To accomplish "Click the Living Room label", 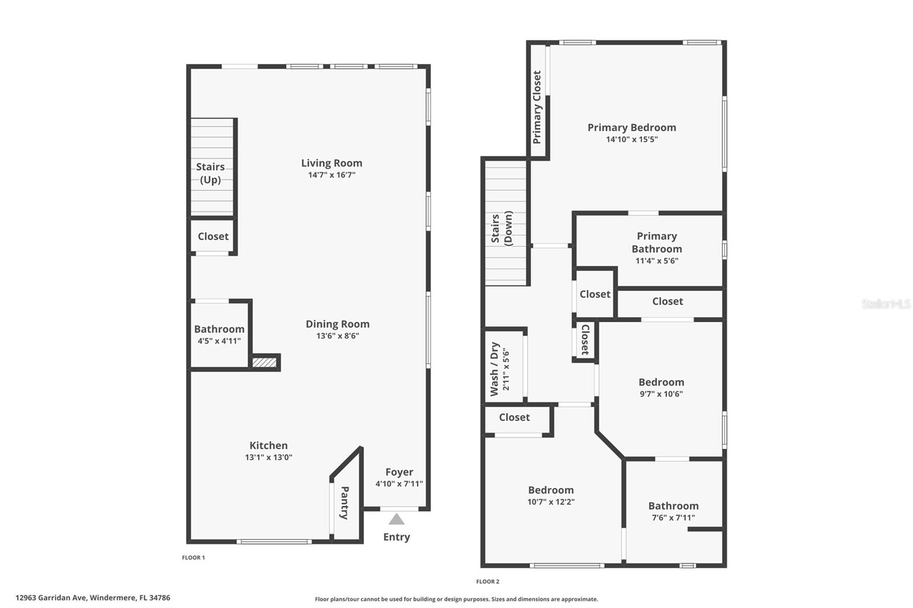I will click(332, 163).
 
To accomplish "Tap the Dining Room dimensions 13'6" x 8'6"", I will click(337, 336).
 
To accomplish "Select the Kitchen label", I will click(268, 445).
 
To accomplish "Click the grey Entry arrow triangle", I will click(397, 520).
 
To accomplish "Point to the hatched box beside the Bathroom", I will click(265, 362).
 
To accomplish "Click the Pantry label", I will click(345, 502).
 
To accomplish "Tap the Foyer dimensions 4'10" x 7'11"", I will click(399, 484).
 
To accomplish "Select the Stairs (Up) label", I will click(210, 173).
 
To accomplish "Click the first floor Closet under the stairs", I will click(213, 236).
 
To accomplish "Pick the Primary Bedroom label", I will click(632, 128).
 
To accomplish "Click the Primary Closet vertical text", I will click(537, 107).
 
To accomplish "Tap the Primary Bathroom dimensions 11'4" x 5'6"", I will click(657, 261).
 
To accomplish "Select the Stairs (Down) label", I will click(502, 228).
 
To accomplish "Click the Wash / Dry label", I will click(495, 369).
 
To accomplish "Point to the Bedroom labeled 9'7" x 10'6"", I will click(661, 383).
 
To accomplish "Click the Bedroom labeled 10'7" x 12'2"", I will click(551, 490).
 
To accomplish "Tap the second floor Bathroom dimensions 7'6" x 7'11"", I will click(673, 518).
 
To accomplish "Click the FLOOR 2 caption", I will click(488, 582).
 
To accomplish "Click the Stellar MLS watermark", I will click(886, 304).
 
